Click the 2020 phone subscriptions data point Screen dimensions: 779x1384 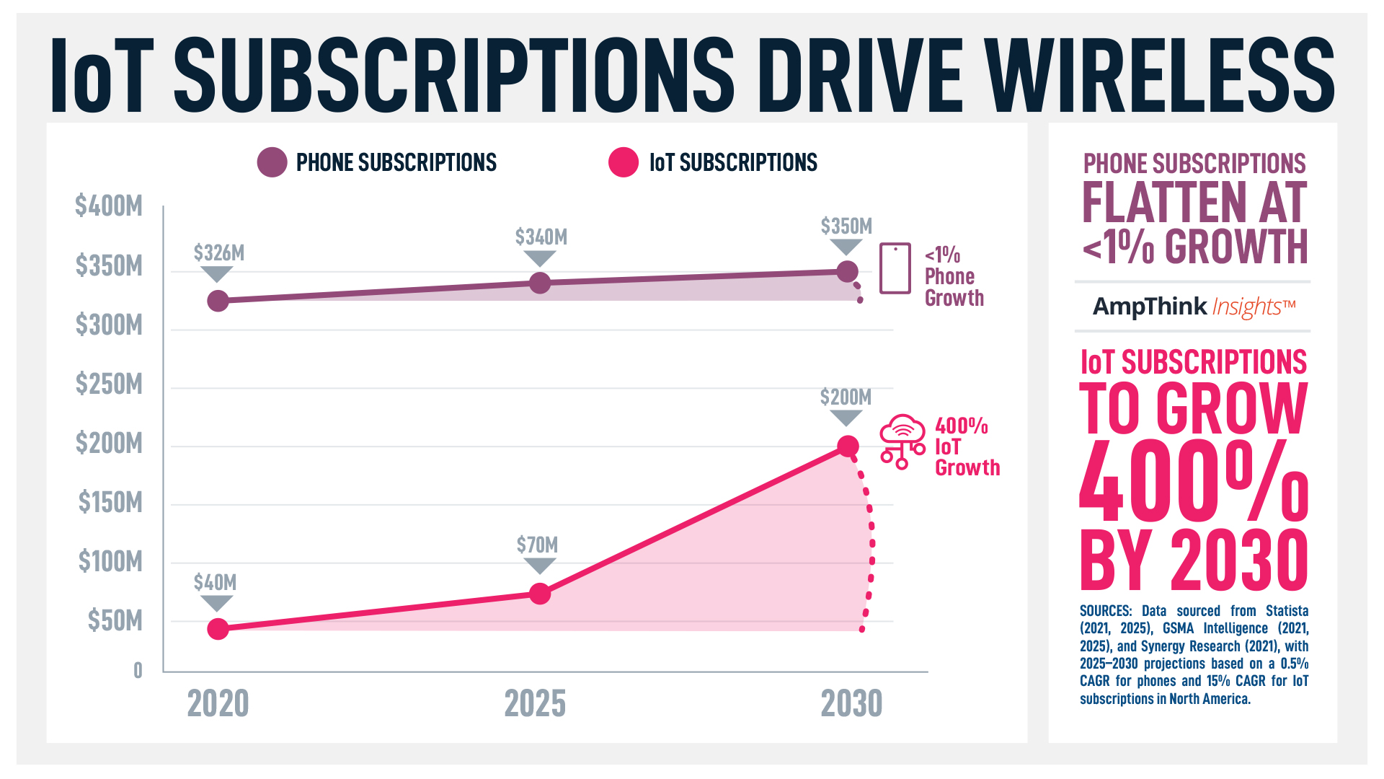pyautogui.click(x=218, y=301)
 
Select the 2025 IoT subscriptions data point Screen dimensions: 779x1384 pyautogui.click(x=540, y=594)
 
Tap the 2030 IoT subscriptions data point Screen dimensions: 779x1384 pyautogui.click(x=848, y=446)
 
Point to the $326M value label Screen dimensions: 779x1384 pyautogui.click(x=219, y=253)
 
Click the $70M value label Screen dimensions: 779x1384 pyautogui.click(x=538, y=545)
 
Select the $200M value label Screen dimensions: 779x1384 pyautogui.click(x=846, y=397)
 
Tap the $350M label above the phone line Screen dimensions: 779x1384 pyautogui.click(x=846, y=226)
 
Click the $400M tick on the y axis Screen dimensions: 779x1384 pyautogui.click(x=109, y=206)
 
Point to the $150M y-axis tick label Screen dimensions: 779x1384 pyautogui.click(x=110, y=502)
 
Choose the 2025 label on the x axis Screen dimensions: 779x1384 pyautogui.click(x=535, y=703)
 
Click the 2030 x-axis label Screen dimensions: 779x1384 pyautogui.click(x=851, y=703)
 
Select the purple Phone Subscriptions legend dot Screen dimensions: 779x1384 pyautogui.click(x=272, y=162)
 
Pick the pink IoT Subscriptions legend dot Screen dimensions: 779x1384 pyautogui.click(x=624, y=162)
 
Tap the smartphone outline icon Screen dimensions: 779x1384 pyautogui.click(x=895, y=268)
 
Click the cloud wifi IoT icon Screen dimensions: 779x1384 pyautogui.click(x=902, y=441)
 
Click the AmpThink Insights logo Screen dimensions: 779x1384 pyautogui.click(x=1194, y=307)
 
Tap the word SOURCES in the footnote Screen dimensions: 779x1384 pyautogui.click(x=1104, y=611)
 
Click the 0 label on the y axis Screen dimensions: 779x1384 pyautogui.click(x=138, y=671)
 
